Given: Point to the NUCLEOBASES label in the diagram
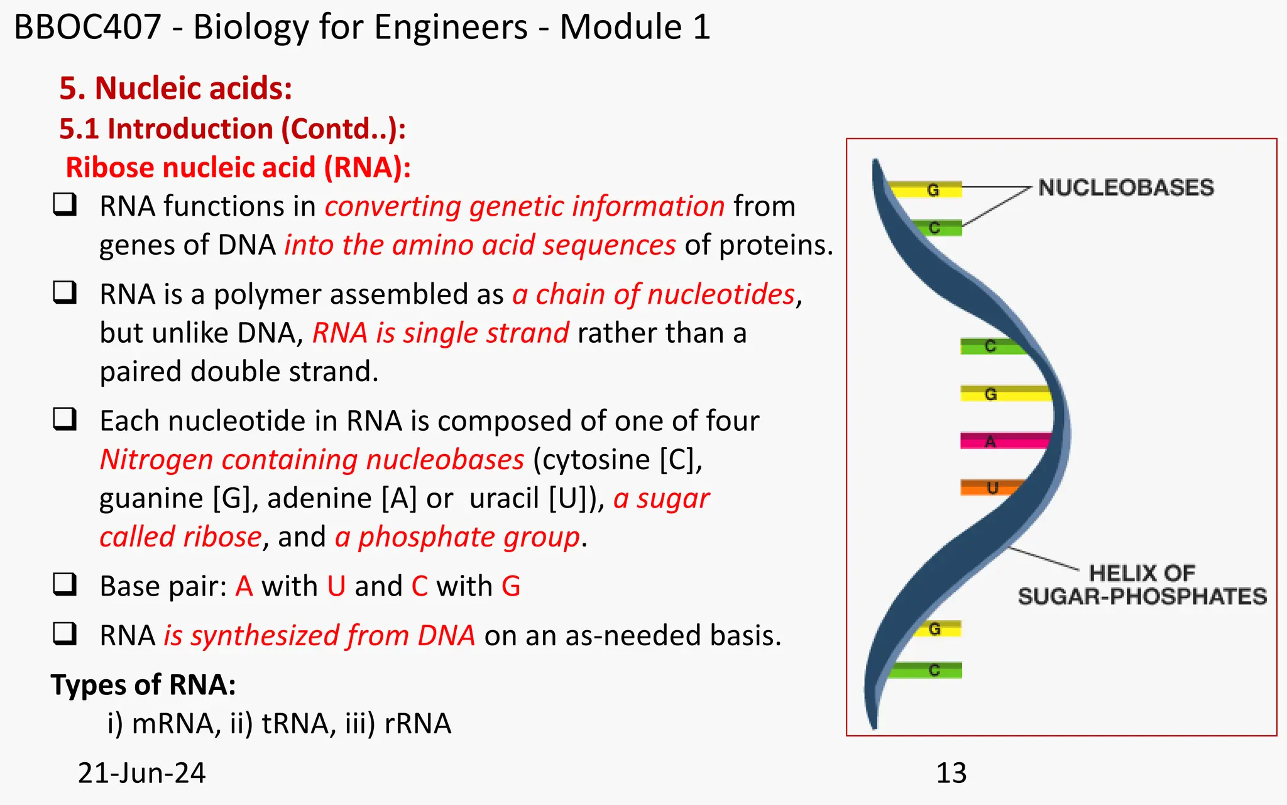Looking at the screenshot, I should coord(1125,187).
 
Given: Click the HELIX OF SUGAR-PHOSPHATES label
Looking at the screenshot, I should coord(1142,585).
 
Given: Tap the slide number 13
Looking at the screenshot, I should coord(951,773).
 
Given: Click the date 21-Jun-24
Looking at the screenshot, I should coord(141,773).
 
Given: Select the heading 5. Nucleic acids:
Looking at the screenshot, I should coord(175,88).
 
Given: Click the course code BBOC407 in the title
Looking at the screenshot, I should coord(87,28).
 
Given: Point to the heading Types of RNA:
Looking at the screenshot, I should coord(143,685).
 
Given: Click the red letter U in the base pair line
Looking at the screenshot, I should coord(336,586).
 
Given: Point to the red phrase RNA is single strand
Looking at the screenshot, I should coord(441,333).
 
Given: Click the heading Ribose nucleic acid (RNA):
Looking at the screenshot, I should coord(238,168).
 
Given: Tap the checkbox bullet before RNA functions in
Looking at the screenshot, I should coord(65,204).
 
